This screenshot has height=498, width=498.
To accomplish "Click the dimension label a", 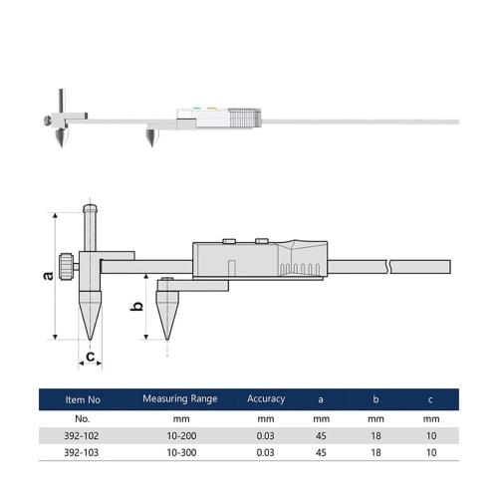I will coord(47,275).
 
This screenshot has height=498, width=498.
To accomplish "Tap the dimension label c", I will coord(91,356).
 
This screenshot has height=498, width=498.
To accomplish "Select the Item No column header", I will coord(83,399).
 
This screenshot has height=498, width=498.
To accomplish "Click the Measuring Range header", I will coord(179,399).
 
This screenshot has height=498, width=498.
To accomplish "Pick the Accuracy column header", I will coord(266,399).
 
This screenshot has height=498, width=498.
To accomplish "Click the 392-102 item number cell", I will coord(83,436).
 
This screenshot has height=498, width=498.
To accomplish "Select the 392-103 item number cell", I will coord(83,453).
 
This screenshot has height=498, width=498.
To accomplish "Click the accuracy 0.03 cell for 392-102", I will coord(266,436).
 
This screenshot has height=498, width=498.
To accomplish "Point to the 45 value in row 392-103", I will coord(321,453).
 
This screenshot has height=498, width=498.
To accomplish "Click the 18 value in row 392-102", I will coord(375,436).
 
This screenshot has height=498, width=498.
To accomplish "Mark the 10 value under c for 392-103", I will coord(430,453).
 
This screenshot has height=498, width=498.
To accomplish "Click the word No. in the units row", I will coord(83,419).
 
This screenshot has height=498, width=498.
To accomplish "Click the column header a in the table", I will coord(321,399).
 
